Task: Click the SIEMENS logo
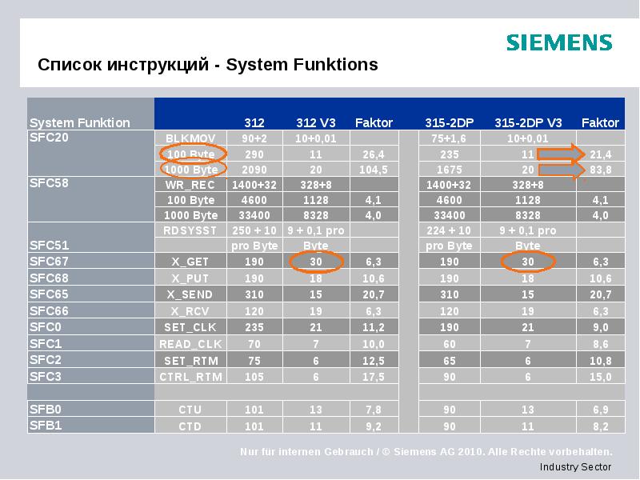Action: [558, 42]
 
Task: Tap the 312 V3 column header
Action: [315, 122]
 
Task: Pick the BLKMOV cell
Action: [190, 138]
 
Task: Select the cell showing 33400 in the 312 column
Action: [254, 215]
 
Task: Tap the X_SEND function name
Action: [190, 294]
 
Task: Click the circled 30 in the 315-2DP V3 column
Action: [527, 262]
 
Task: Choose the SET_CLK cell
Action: [190, 327]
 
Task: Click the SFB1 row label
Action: [46, 425]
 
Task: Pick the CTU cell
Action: [190, 410]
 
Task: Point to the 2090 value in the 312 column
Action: [254, 170]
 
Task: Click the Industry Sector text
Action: [575, 466]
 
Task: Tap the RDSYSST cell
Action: [190, 230]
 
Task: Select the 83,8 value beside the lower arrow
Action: [600, 170]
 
